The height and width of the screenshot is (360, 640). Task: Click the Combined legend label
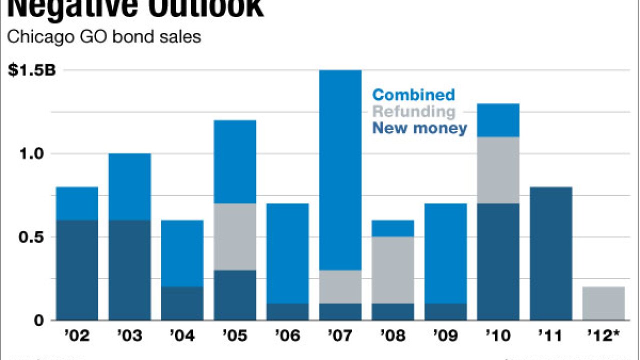point(414,94)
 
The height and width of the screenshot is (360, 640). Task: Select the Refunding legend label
point(414,111)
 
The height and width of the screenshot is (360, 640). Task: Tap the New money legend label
point(420,128)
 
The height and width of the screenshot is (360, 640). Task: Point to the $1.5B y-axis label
point(32,70)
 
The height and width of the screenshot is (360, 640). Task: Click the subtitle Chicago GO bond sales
point(103,37)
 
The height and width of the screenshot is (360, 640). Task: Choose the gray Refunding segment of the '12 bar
point(603,303)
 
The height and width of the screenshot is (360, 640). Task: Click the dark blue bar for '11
point(551,253)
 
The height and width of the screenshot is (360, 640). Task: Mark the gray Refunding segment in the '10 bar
point(498,170)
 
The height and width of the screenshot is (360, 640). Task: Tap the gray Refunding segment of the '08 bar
point(393,270)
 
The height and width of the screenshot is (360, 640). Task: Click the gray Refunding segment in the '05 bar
point(235,236)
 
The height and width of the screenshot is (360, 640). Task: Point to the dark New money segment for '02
point(77,270)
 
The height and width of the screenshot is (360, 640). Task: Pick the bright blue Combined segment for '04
point(182,253)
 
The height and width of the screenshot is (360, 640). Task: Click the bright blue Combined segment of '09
point(445,253)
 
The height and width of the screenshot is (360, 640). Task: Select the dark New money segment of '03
point(129,270)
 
